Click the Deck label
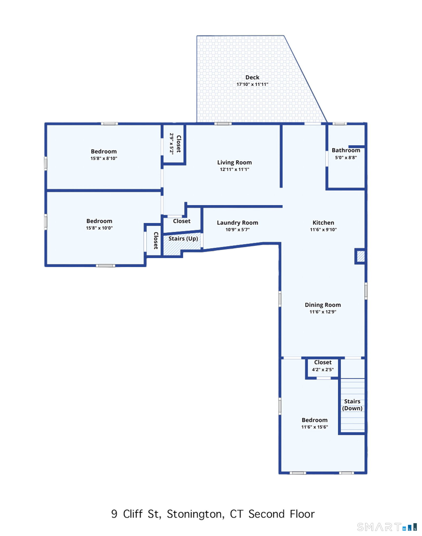click(x=252, y=77)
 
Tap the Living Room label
click(x=234, y=162)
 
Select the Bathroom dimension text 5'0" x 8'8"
click(x=346, y=157)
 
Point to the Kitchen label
click(x=323, y=223)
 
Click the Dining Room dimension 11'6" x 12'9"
click(x=323, y=312)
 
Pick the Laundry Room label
click(x=237, y=223)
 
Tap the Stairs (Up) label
click(x=183, y=239)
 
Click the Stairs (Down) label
click(x=352, y=405)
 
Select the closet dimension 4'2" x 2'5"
click(x=323, y=369)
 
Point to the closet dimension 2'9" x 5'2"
click(x=172, y=144)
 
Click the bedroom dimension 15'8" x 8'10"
click(x=104, y=158)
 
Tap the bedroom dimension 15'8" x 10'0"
click(x=99, y=228)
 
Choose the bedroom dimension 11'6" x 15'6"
click(x=314, y=427)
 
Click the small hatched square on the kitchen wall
click(x=361, y=256)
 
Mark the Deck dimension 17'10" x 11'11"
click(x=252, y=84)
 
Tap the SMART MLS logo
click(x=387, y=527)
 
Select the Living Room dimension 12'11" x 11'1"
click(x=234, y=169)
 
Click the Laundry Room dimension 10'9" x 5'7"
click(x=237, y=230)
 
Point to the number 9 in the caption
click(x=114, y=514)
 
